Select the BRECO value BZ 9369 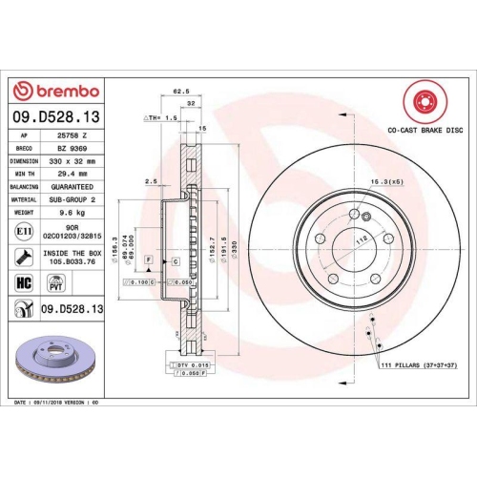pos(73,150)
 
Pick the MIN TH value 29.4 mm pos(72,175)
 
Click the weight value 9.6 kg pos(72,214)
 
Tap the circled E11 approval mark pos(23,231)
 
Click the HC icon pos(23,283)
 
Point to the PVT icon pos(56,283)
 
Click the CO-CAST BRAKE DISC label pos(420,128)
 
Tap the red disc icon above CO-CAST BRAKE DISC pos(420,101)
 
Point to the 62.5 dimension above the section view pos(177,93)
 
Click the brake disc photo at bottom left pos(52,362)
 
